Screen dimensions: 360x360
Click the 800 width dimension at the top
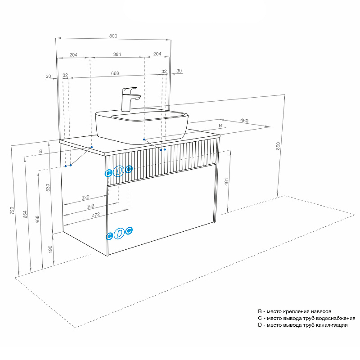[x=113, y=36]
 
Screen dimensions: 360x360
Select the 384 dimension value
[x=117, y=54]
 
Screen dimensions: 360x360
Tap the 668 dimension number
[x=115, y=73]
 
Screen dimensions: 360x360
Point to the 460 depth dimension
[x=244, y=121]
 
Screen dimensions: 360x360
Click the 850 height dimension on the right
[x=278, y=146]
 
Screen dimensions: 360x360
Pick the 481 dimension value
[x=226, y=181]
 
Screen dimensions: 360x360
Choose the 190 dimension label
[x=50, y=248]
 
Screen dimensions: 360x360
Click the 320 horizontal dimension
[x=85, y=197]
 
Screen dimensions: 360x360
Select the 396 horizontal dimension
[x=90, y=207]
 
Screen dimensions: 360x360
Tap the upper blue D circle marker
[x=119, y=171]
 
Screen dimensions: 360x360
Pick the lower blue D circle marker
[x=119, y=233]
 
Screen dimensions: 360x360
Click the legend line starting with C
[x=306, y=318]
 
